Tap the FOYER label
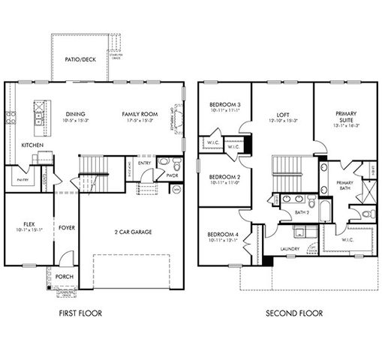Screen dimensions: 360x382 67,226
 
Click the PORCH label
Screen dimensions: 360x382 65,277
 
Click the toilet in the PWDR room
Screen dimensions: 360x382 174,166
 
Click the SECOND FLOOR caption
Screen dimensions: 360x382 283,313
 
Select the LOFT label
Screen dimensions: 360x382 282,114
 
